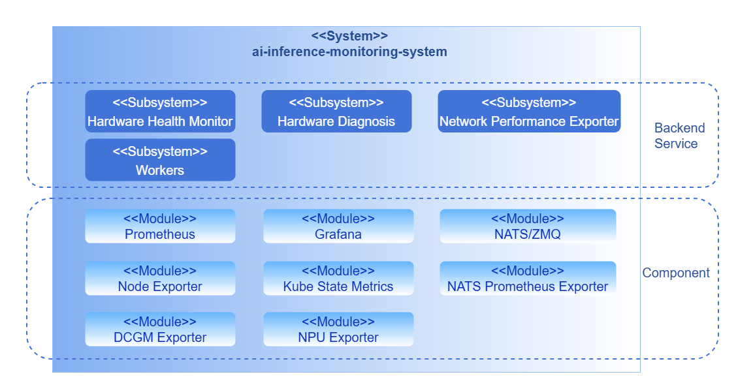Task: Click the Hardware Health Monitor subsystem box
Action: click(160, 112)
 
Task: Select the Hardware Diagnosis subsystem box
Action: click(336, 112)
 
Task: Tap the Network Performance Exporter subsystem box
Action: click(529, 112)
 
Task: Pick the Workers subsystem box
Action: click(160, 160)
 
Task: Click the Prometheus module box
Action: click(160, 226)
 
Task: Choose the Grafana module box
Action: click(338, 226)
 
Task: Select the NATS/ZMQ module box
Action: click(528, 226)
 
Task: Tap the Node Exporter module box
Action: click(160, 278)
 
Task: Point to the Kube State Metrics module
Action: click(338, 278)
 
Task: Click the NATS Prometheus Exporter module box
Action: click(528, 278)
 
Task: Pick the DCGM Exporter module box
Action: click(160, 329)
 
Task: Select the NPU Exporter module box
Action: click(338, 329)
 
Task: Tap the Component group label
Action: click(676, 273)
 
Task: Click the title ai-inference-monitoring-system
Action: click(349, 52)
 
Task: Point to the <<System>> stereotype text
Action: click(349, 36)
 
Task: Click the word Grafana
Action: click(338, 234)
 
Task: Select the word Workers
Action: click(160, 170)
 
